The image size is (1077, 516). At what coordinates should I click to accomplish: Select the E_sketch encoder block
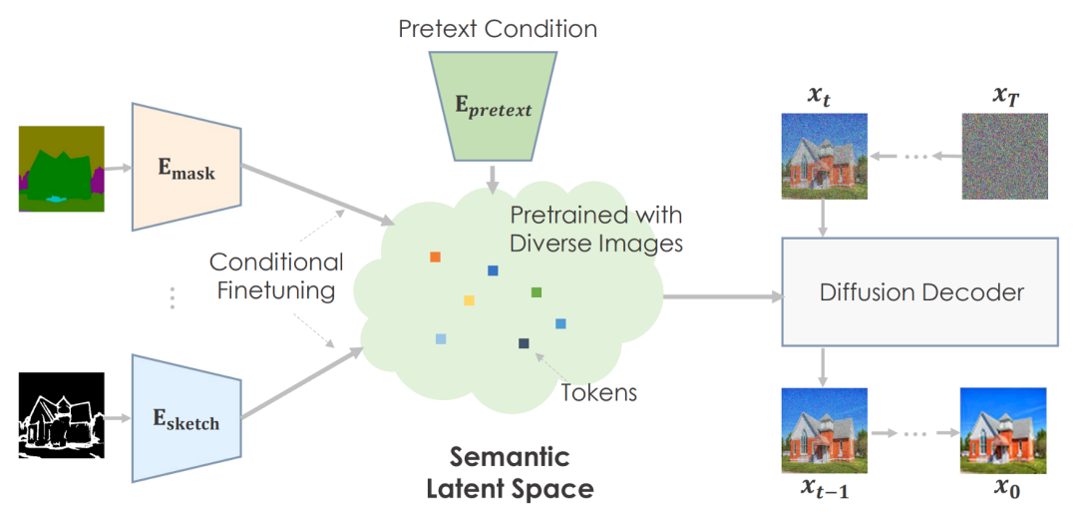tap(186, 417)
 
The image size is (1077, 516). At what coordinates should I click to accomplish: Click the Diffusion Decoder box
tap(920, 292)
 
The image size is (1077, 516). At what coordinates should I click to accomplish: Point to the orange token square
tap(435, 258)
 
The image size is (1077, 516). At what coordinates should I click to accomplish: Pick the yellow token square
tap(469, 300)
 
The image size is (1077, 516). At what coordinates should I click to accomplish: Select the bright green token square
tap(537, 292)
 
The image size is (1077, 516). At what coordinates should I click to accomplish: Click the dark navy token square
tap(524, 344)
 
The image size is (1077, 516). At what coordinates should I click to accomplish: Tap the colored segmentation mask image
tap(61, 169)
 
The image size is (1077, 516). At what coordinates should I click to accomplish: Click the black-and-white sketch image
tap(61, 415)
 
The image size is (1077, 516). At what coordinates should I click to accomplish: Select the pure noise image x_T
tap(1004, 155)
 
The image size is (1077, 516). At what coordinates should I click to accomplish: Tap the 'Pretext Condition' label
tap(498, 28)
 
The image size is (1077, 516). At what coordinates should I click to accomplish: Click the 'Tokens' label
tap(599, 392)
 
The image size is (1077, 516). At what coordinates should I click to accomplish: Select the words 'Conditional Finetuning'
tap(276, 276)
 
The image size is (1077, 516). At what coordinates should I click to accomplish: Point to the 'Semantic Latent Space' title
tap(510, 473)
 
